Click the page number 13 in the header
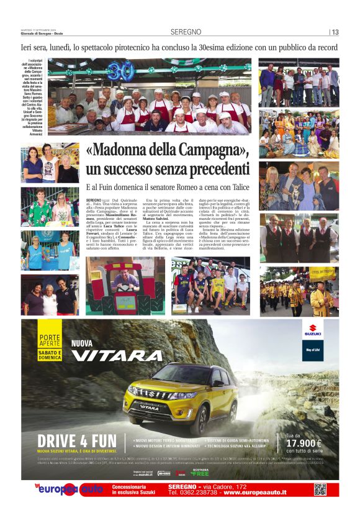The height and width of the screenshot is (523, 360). tap(335, 32)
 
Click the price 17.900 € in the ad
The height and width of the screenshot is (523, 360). tap(308, 443)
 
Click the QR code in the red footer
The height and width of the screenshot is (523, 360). tap(320, 489)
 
